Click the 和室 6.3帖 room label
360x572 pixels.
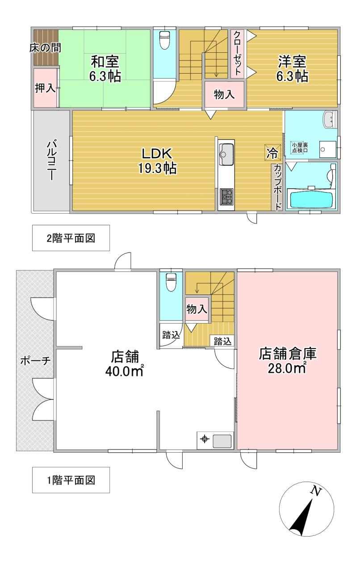(105, 69)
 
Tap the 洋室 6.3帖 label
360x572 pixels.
(292, 69)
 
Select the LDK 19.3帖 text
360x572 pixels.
(157, 161)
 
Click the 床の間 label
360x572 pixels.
(45, 48)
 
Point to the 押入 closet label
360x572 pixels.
(45, 88)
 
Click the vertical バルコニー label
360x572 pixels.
(50, 160)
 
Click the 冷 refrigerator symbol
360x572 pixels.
(272, 153)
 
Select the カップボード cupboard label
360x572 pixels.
(277, 187)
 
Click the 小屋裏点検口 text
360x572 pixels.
(300, 147)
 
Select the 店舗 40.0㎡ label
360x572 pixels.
(125, 364)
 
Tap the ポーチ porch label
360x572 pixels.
(35, 361)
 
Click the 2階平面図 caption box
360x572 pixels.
(71, 238)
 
